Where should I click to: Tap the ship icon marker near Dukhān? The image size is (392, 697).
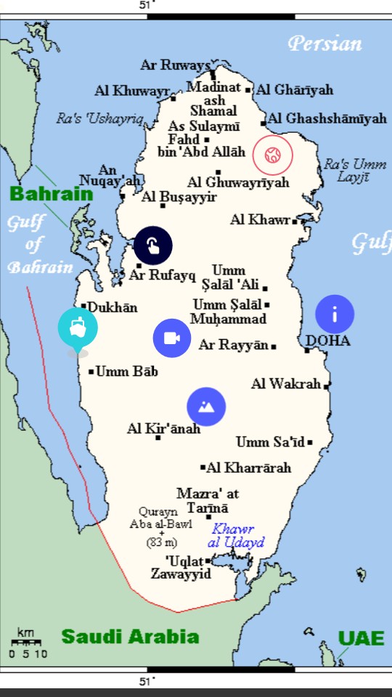[x=78, y=327]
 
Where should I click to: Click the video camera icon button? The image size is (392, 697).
[x=172, y=338]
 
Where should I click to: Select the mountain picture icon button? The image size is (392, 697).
[x=206, y=407]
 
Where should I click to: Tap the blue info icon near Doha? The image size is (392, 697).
[x=335, y=314]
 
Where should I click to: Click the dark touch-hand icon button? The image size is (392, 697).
[x=153, y=245]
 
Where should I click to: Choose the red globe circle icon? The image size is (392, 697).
[x=272, y=155]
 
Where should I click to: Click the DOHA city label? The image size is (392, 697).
[x=327, y=341]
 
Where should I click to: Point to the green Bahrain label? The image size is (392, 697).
[x=52, y=194]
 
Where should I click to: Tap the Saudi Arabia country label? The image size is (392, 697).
[x=130, y=637]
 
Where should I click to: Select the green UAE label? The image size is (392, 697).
[x=361, y=638]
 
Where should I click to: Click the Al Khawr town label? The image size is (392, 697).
[x=260, y=219]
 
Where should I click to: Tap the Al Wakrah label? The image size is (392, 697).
[x=285, y=384]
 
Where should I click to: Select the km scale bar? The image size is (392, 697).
[x=26, y=643]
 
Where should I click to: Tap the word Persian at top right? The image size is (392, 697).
[x=324, y=44]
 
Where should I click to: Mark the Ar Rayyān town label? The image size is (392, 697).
[x=234, y=345]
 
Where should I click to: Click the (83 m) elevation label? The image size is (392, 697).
[x=162, y=542]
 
